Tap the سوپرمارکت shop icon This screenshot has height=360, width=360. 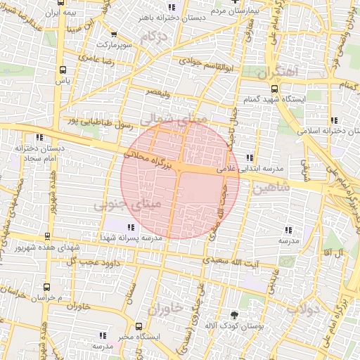[113, 34]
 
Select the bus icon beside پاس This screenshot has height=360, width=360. [63, 70]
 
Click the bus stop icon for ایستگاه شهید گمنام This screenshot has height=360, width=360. [274, 89]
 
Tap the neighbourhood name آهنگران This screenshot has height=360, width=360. [278, 72]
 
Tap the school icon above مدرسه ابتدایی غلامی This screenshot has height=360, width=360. [250, 157]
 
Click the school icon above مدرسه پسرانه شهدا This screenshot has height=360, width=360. [130, 226]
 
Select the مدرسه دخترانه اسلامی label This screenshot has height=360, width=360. [309, 131]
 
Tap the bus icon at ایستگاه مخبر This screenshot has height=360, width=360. [139, 326]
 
